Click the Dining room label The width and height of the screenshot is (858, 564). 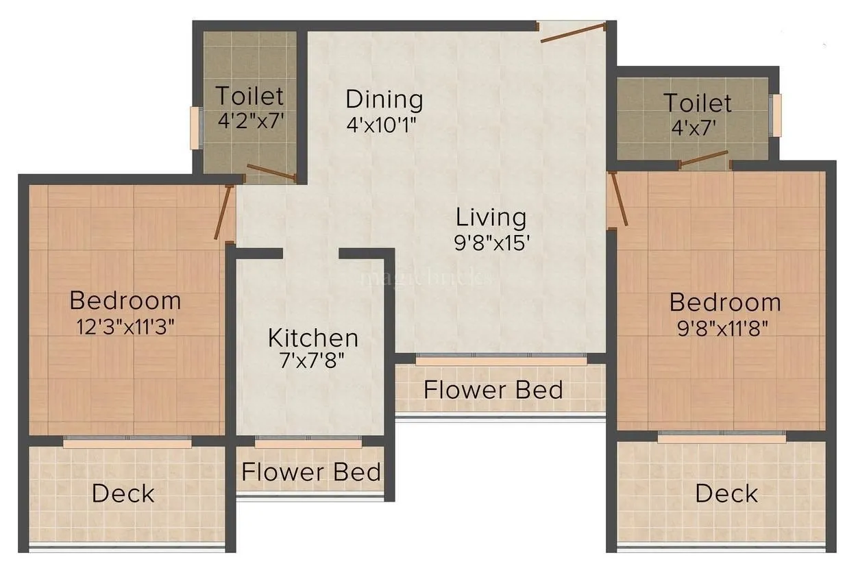pos(384,99)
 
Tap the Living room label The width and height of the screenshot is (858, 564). pos(491,217)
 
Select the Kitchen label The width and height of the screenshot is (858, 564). pos(312,338)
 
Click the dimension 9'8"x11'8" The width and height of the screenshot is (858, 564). pos(725,327)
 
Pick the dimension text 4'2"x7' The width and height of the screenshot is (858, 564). pos(250,121)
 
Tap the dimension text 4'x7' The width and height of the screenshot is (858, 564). pos(698,128)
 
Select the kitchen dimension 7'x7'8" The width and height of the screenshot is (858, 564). pos(312,360)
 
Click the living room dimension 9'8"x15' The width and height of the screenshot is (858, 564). pos(492,243)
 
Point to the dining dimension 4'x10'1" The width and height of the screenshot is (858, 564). pos(382,125)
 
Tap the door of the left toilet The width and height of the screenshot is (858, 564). pos(271,173)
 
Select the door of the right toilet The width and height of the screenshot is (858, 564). pos(704,159)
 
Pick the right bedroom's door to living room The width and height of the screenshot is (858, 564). pos(618,198)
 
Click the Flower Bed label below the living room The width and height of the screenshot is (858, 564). pos(493,390)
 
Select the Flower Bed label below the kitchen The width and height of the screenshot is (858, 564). pos(311,472)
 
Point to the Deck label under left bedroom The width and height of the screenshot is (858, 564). pos(123,493)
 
